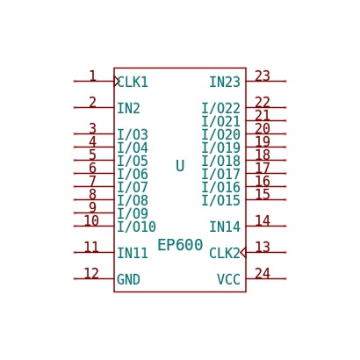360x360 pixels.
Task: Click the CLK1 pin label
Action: click(x=133, y=82)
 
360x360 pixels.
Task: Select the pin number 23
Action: click(x=263, y=76)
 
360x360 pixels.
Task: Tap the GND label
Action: click(x=128, y=279)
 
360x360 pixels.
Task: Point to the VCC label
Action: click(x=228, y=279)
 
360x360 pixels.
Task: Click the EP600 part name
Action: click(x=180, y=245)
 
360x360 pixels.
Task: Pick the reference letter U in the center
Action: click(x=180, y=166)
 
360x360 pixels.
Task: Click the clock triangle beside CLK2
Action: click(x=243, y=252)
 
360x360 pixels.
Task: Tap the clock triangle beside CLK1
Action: click(x=117, y=81)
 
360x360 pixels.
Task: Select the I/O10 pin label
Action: click(x=136, y=227)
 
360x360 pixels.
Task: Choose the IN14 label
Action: click(x=225, y=227)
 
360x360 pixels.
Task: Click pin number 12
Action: click(x=91, y=273)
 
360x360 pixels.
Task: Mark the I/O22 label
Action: click(x=221, y=108)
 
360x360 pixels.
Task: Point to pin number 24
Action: click(x=263, y=273)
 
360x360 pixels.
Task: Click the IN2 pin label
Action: click(x=128, y=108)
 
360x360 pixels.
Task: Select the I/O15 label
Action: click(x=221, y=200)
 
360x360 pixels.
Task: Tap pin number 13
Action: click(x=263, y=247)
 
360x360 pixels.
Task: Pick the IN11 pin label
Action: click(x=133, y=253)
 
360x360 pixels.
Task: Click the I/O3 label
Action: click(x=133, y=134)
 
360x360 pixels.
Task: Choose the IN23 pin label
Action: click(x=225, y=82)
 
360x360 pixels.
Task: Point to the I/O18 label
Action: click(x=221, y=161)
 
